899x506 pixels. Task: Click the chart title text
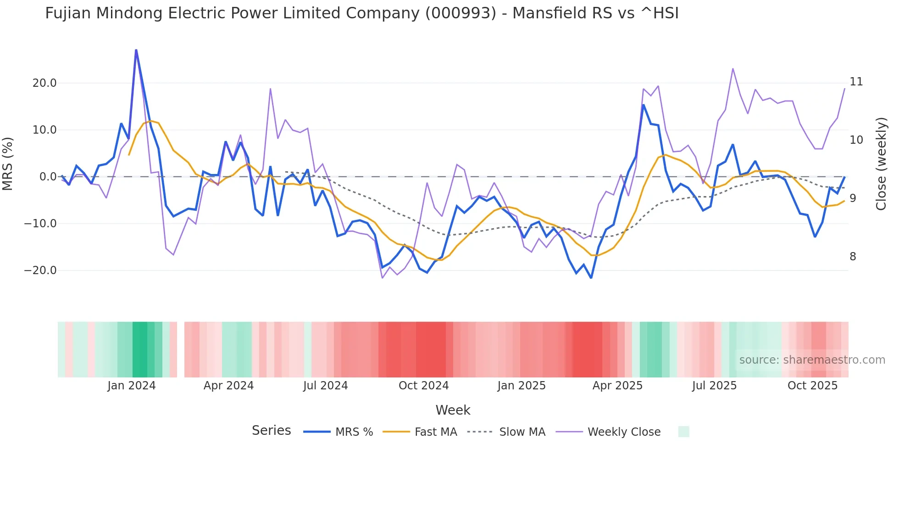361,13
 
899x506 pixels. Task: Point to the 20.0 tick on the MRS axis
44,83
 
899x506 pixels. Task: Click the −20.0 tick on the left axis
40,270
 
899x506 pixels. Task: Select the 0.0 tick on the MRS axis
48,177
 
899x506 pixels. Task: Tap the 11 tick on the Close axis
856,82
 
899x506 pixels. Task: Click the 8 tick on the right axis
853,257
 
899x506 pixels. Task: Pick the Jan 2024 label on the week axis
131,386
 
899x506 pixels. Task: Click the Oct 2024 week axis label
423,386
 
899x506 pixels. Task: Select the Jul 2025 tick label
714,386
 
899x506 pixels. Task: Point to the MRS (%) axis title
8,163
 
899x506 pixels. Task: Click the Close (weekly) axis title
881,164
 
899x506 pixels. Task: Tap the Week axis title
453,410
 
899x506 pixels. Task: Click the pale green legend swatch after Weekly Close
683,432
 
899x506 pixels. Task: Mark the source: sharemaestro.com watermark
812,360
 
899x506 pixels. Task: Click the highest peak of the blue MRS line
136,50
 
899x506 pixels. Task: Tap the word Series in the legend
271,431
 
